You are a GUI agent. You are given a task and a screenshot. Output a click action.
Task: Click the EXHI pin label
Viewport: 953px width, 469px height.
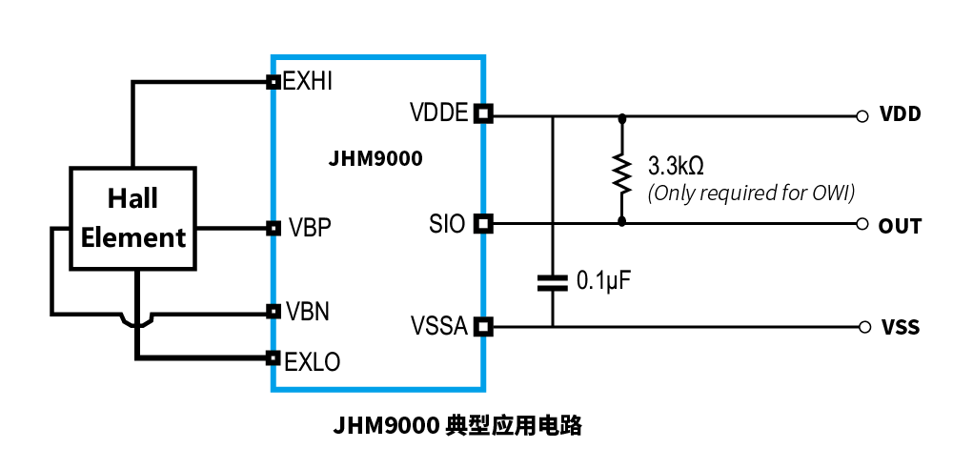(x=308, y=82)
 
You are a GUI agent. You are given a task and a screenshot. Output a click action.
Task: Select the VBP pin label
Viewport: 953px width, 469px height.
(x=309, y=228)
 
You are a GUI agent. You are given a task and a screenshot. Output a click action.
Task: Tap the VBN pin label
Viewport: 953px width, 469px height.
(x=309, y=312)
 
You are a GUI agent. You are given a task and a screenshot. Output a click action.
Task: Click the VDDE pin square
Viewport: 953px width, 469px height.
(x=483, y=114)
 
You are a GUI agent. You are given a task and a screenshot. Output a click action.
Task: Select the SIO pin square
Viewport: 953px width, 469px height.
(x=483, y=224)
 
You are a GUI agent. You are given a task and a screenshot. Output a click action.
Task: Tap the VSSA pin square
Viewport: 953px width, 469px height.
(x=483, y=327)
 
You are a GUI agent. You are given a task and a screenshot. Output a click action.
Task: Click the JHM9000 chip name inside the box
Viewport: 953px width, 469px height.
(x=375, y=159)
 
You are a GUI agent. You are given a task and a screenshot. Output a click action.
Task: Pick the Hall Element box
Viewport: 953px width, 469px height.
(x=132, y=217)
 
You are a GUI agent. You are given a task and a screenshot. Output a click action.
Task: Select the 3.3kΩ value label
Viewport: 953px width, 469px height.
(x=676, y=165)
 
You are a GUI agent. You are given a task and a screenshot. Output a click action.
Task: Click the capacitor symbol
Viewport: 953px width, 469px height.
(x=552, y=281)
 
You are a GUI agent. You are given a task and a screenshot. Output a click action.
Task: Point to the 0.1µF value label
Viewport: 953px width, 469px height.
(x=605, y=281)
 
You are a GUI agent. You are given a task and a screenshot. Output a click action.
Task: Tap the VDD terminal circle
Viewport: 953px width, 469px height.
(x=862, y=116)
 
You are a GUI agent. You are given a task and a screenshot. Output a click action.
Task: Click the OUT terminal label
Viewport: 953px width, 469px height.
(x=900, y=226)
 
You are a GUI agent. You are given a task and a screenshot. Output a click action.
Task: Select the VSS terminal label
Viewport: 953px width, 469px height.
(x=900, y=328)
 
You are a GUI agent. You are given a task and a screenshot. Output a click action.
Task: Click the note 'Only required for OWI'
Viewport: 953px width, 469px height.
(x=751, y=193)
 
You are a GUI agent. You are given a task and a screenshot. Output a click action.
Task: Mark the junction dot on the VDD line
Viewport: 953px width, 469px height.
(x=622, y=117)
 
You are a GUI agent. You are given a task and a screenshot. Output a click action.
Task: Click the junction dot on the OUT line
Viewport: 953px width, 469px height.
(x=622, y=221)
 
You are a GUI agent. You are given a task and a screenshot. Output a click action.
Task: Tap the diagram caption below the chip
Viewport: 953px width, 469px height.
(x=457, y=425)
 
